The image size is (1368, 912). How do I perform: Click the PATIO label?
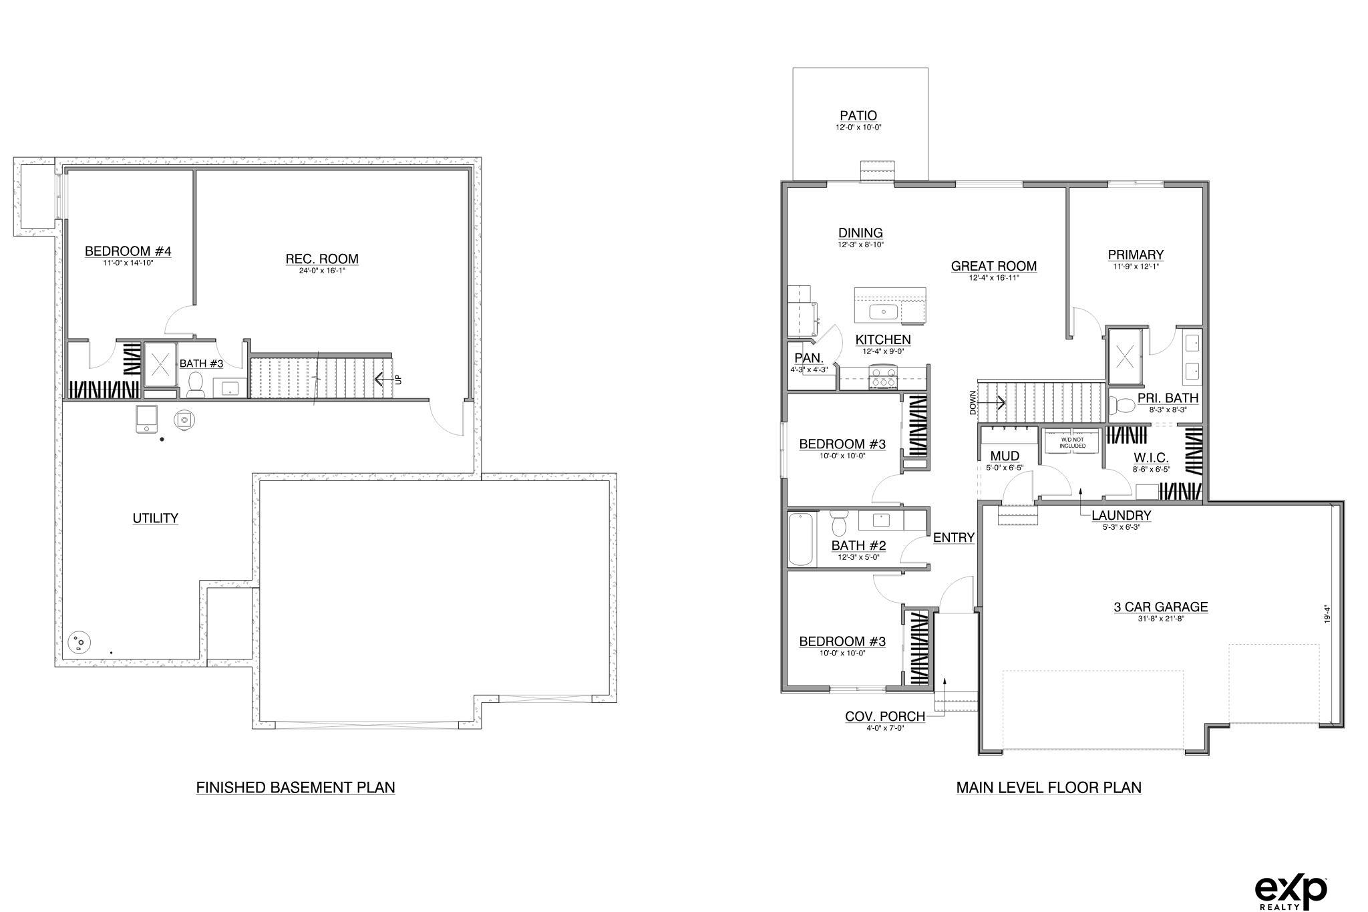pyautogui.click(x=858, y=116)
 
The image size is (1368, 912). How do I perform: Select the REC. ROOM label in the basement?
pyautogui.click(x=322, y=259)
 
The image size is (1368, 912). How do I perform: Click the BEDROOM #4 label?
pyautogui.click(x=128, y=251)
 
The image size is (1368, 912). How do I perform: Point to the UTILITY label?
pyautogui.click(x=155, y=518)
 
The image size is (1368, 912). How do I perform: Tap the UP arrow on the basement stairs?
pyautogui.click(x=383, y=379)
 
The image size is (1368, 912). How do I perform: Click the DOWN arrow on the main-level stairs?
pyautogui.click(x=997, y=402)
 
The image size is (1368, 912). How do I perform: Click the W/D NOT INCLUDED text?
pyautogui.click(x=1072, y=442)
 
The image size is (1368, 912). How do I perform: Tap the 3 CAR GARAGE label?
pyautogui.click(x=1161, y=607)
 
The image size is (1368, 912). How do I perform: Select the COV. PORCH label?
pyautogui.click(x=885, y=716)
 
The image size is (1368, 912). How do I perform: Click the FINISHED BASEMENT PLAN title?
pyautogui.click(x=295, y=788)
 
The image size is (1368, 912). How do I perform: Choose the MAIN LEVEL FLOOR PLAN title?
pyautogui.click(x=1049, y=788)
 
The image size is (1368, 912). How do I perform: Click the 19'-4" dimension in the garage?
pyautogui.click(x=1328, y=615)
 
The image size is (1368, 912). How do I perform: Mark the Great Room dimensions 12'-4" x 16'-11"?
pyautogui.click(x=994, y=278)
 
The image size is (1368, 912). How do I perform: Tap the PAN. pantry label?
pyautogui.click(x=809, y=358)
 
